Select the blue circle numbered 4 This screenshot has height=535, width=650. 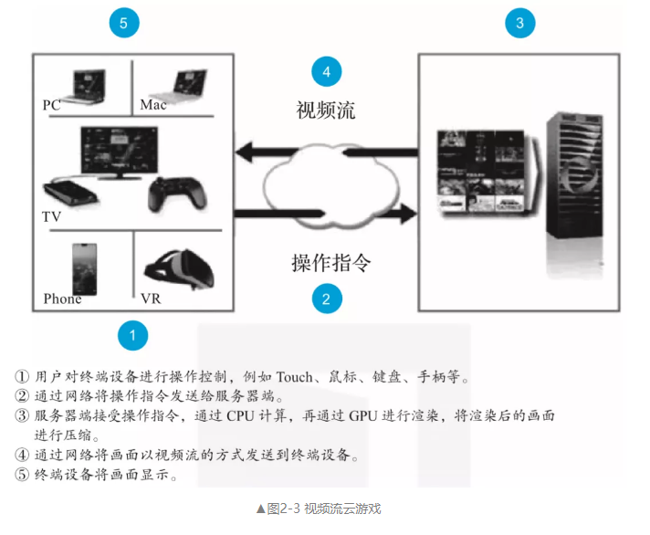click(326, 71)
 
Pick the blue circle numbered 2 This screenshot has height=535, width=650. click(326, 298)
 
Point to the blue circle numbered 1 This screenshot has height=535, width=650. click(133, 336)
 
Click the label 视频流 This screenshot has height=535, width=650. click(326, 110)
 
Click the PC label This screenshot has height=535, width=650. click(52, 105)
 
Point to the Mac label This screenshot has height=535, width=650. click(153, 105)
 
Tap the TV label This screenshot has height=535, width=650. click(51, 218)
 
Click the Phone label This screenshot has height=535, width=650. click(62, 299)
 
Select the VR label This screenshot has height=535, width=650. click(151, 299)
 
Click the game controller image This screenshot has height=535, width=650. click(178, 194)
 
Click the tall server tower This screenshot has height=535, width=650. click(575, 178)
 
